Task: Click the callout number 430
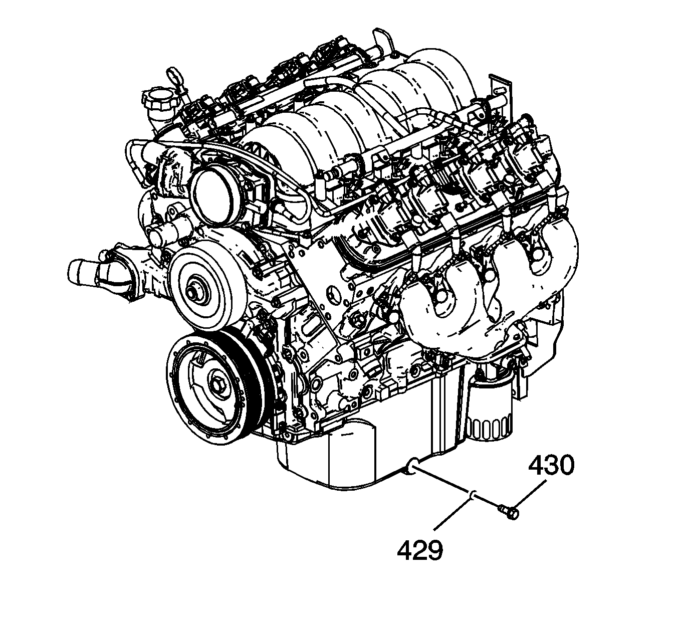tap(551, 465)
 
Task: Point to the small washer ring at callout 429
tap(473, 495)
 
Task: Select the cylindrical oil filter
tap(490, 409)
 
